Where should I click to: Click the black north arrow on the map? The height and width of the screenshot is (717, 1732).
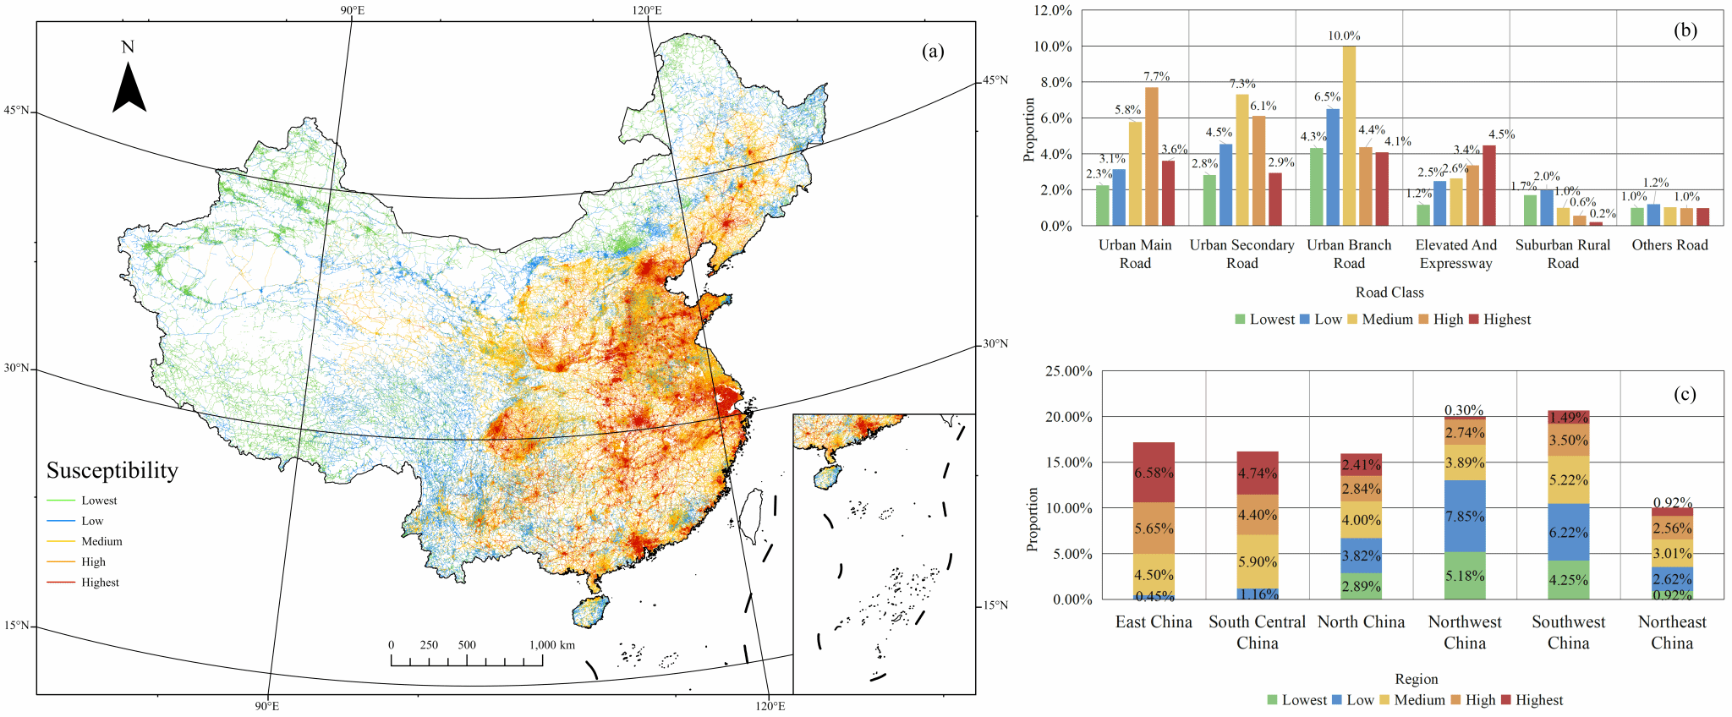[129, 90]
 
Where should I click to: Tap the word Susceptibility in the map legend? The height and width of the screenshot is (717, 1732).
[112, 471]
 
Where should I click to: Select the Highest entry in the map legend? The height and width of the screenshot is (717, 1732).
[100, 583]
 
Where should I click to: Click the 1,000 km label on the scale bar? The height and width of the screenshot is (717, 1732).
[552, 645]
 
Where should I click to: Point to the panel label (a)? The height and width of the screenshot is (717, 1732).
[933, 52]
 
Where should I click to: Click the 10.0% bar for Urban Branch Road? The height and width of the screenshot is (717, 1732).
[1349, 135]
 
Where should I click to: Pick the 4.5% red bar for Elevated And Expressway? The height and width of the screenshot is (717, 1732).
[1489, 185]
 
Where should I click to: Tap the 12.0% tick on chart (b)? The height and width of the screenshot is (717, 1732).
[1053, 11]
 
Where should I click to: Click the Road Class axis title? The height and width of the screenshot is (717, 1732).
[1389, 293]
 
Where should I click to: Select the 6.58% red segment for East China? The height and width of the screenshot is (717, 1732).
[1154, 472]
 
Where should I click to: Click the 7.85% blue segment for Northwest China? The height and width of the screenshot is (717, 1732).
[1465, 516]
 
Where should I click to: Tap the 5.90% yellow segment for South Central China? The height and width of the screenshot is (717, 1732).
[1258, 561]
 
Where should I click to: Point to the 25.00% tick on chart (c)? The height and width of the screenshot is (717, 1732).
[1069, 371]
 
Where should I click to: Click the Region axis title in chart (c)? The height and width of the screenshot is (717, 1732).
[1417, 679]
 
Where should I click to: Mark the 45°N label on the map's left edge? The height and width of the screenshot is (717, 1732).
[16, 111]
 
